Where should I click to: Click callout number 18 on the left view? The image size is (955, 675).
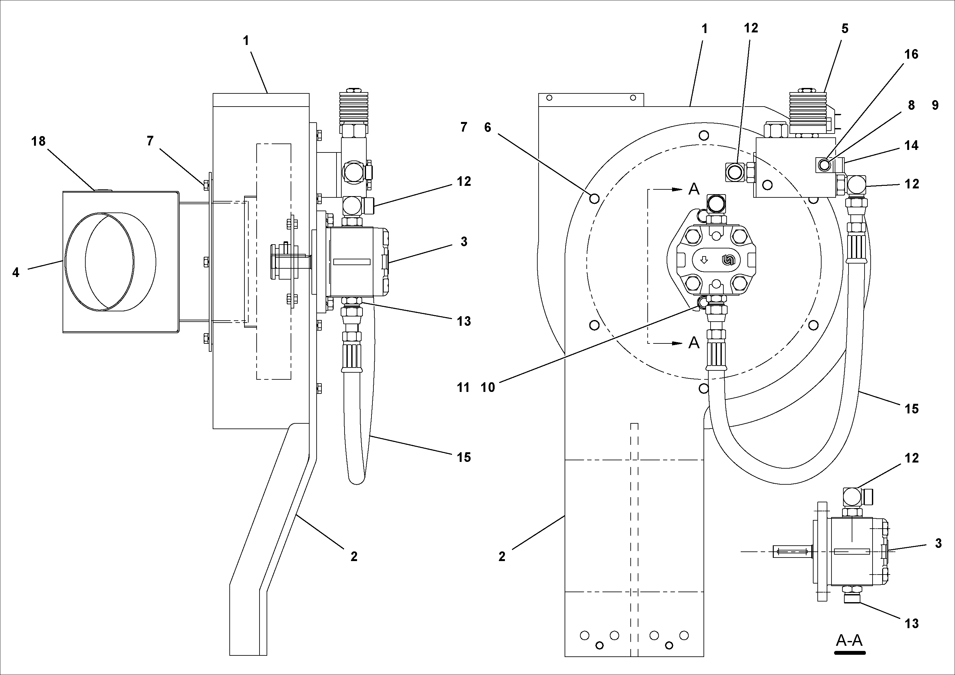(x=38, y=142)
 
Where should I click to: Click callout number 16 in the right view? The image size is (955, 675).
(x=911, y=55)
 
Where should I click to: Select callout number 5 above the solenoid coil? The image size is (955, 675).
(x=845, y=29)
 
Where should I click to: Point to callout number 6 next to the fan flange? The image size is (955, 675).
(x=488, y=127)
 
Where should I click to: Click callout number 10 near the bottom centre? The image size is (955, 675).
(x=488, y=387)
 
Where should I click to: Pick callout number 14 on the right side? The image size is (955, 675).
(x=911, y=146)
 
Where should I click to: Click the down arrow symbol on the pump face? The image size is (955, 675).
(x=704, y=260)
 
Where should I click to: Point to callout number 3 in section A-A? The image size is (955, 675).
(x=938, y=543)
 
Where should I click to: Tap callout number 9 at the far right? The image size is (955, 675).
(x=935, y=106)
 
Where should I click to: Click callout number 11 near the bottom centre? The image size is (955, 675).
(x=463, y=387)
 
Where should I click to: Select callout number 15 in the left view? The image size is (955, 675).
(x=464, y=457)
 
